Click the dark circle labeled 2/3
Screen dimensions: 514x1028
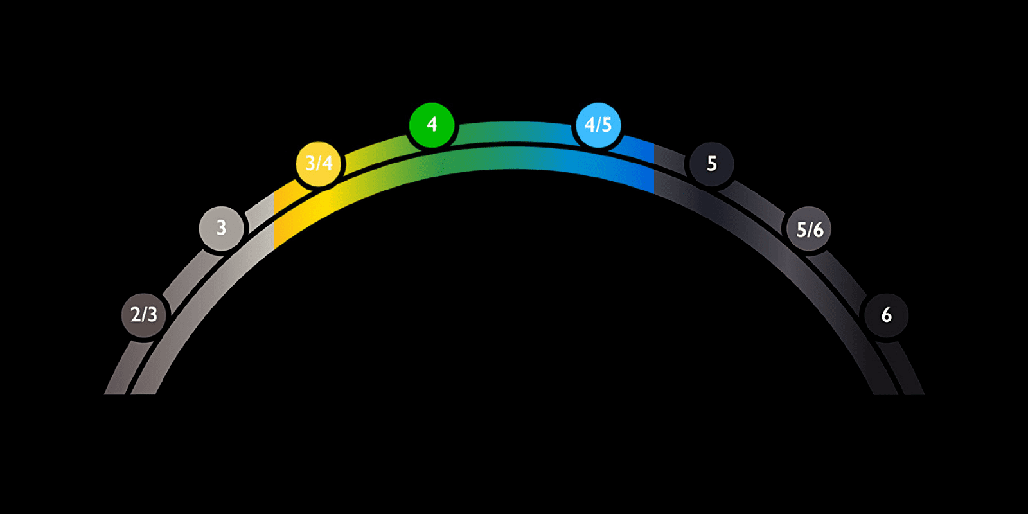(x=144, y=315)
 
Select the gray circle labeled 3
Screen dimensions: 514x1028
(x=221, y=227)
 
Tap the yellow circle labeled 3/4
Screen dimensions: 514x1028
(x=318, y=163)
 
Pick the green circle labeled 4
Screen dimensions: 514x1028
(x=432, y=124)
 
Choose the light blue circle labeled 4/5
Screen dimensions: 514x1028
(x=598, y=125)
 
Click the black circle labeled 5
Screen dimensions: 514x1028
(x=711, y=164)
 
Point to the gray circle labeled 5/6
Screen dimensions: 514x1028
(x=810, y=229)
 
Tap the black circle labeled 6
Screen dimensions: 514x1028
(x=886, y=315)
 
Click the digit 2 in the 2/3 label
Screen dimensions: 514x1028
(x=135, y=315)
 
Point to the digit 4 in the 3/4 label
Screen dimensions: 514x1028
(x=327, y=163)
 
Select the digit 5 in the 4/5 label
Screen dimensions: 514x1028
(x=607, y=125)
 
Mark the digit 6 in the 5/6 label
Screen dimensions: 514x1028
(x=819, y=229)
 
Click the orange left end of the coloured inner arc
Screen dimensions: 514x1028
(x=283, y=225)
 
